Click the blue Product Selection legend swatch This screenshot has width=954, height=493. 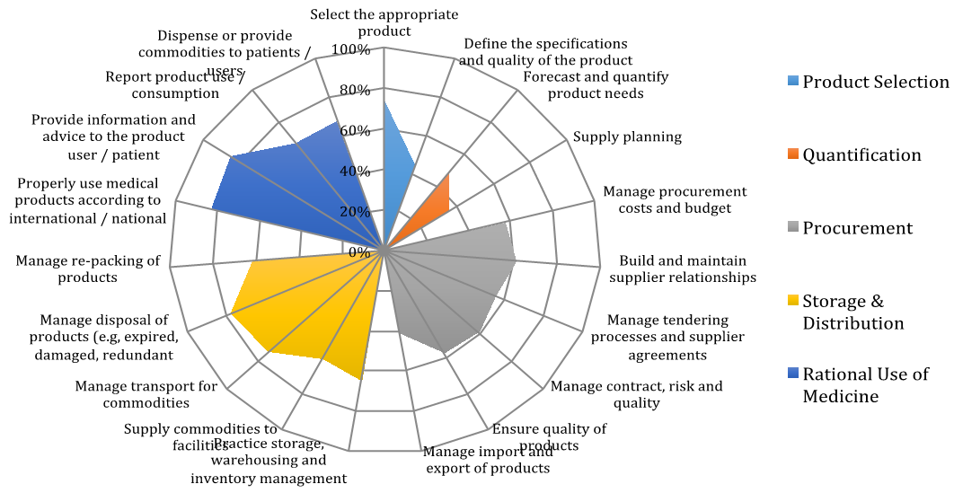point(791,82)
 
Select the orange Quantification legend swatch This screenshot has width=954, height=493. point(791,154)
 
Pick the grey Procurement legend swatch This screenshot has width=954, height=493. point(791,228)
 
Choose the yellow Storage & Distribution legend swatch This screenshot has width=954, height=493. point(791,302)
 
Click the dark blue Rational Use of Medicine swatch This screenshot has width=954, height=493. point(791,374)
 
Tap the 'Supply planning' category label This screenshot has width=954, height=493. point(627,137)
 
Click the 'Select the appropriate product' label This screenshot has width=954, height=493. point(384,22)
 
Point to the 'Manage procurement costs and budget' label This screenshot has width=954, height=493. point(675,199)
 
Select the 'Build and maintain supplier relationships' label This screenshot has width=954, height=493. point(683,269)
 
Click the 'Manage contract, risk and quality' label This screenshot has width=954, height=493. point(636,394)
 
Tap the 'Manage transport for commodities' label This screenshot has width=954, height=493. point(146,394)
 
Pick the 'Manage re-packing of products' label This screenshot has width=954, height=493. point(88,269)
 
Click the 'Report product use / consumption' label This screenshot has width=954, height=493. point(175,84)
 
